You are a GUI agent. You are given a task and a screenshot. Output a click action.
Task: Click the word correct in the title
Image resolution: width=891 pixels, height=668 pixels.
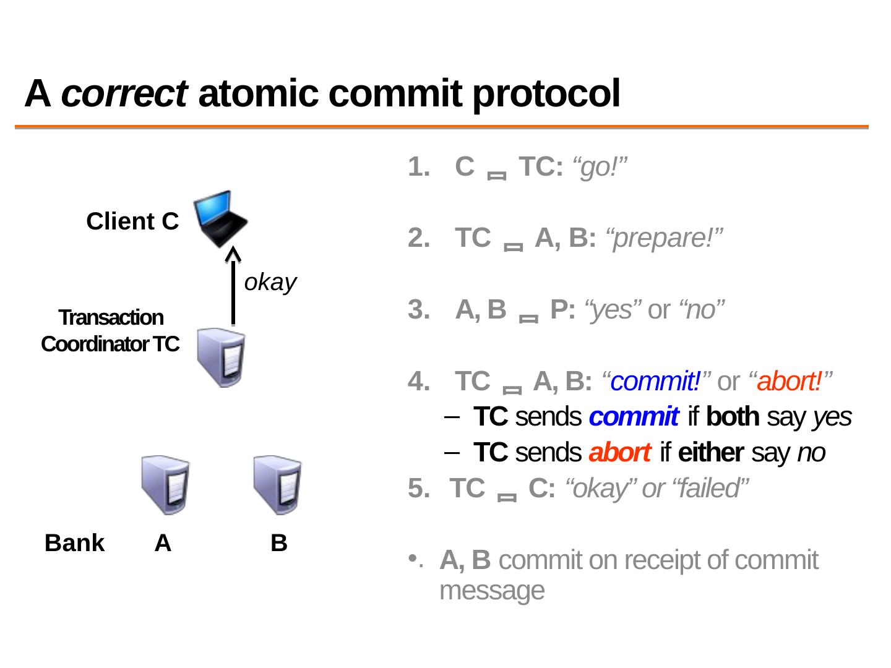tap(124, 94)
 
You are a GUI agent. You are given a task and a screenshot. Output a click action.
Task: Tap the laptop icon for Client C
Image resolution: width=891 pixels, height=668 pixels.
tap(220, 218)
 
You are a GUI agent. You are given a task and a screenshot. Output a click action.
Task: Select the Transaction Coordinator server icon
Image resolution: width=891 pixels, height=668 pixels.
tap(221, 358)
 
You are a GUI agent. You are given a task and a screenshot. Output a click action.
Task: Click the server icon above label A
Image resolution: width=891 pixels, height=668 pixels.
tap(165, 485)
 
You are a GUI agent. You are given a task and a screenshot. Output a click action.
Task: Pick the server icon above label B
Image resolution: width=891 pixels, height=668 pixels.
tap(278, 485)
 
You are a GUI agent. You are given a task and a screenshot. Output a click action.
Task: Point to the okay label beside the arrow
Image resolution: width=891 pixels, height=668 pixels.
tap(270, 282)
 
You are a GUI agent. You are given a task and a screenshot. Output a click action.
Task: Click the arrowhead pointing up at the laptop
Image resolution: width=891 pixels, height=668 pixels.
tap(233, 255)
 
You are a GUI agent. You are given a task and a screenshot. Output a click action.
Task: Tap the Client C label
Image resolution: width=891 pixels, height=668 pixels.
tap(132, 221)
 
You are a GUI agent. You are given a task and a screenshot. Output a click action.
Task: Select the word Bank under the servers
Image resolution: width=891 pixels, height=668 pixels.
tap(74, 543)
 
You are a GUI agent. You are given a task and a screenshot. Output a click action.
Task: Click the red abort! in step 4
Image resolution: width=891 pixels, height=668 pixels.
tap(790, 382)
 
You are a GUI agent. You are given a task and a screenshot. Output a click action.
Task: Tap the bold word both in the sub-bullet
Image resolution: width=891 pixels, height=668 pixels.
tap(732, 417)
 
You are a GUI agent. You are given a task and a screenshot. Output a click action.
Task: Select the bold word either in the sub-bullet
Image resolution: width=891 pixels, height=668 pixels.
tap(710, 453)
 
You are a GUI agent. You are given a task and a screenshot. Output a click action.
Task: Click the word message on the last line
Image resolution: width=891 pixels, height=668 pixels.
tap(492, 591)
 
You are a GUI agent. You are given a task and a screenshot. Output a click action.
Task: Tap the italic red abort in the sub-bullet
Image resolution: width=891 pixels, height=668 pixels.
tap(619, 453)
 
